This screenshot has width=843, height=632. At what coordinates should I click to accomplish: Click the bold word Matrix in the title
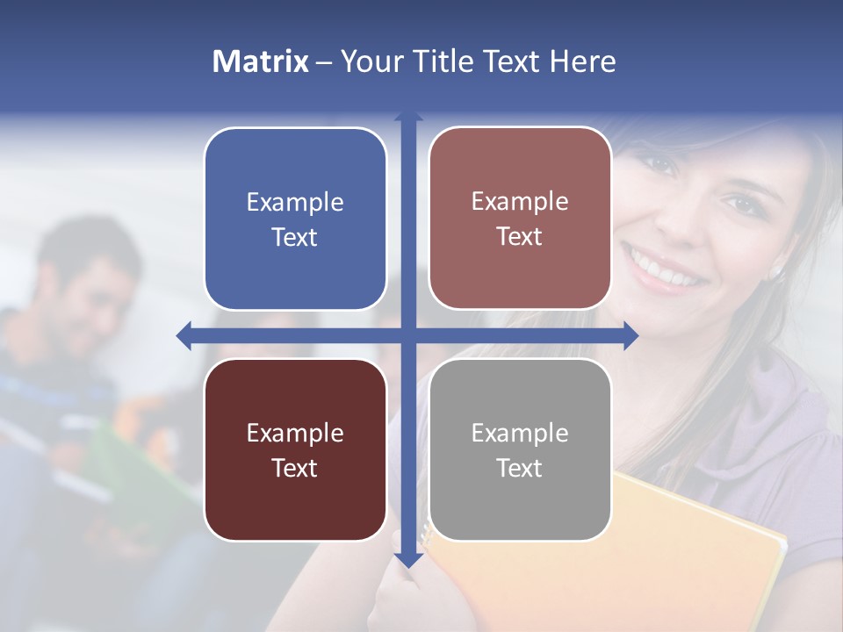260,61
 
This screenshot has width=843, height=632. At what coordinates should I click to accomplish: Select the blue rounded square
295,219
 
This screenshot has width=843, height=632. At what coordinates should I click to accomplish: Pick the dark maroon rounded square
295,449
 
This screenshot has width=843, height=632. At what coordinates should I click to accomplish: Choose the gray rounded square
520,449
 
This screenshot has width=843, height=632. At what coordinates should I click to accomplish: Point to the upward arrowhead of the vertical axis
408,117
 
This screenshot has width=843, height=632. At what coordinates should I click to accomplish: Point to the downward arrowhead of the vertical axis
408,559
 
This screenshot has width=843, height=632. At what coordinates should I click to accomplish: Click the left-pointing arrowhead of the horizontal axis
184,335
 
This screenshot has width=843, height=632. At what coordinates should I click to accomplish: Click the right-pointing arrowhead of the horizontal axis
630,335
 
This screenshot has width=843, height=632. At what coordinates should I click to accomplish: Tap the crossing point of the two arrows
408,335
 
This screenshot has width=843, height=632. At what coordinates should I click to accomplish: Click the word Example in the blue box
295,202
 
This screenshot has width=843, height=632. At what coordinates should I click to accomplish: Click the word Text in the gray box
520,468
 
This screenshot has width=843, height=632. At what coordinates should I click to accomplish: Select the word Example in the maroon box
295,433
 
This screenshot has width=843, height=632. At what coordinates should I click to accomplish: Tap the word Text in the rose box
520,236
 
